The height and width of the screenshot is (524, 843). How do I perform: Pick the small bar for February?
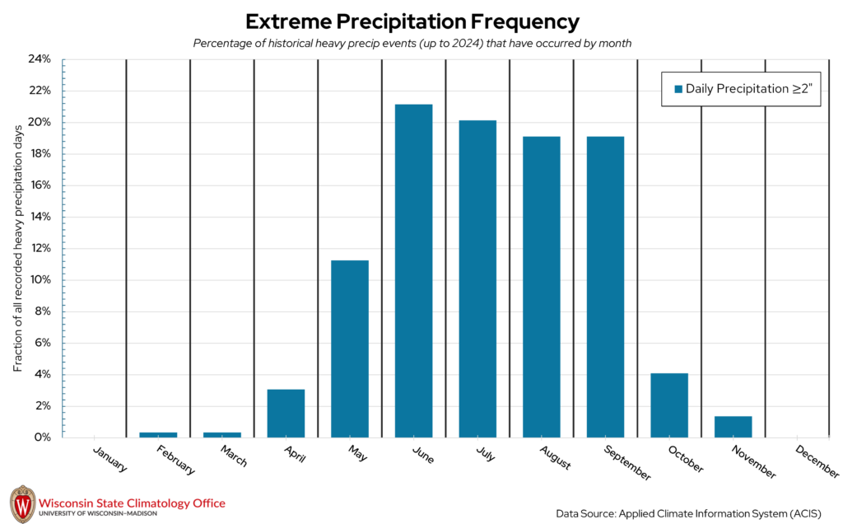(x=158, y=434)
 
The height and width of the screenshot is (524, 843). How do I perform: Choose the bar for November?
(x=733, y=426)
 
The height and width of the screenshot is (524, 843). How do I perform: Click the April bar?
(x=286, y=413)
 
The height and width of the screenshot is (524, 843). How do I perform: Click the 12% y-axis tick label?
(x=40, y=248)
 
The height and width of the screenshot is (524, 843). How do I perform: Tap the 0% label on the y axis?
(x=43, y=437)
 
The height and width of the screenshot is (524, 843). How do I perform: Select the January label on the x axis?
(x=110, y=460)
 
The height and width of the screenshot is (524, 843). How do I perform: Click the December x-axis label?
(x=817, y=461)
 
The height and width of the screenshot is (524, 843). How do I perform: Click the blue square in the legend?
(x=678, y=89)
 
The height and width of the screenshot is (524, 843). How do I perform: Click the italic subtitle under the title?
(x=412, y=44)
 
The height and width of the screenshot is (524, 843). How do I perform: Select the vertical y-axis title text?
(x=17, y=248)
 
